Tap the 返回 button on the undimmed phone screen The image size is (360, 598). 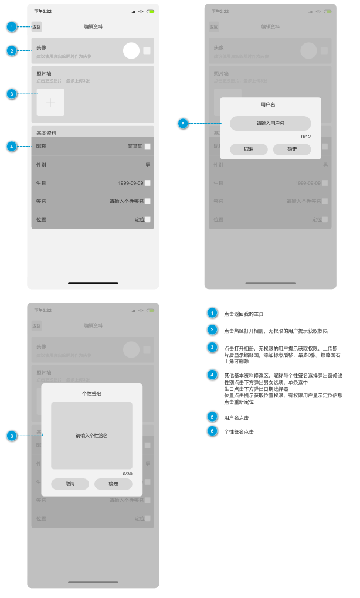[37, 27]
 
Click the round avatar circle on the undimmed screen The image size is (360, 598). [131, 51]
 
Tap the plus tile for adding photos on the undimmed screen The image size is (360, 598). [50, 103]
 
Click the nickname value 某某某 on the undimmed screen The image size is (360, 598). [135, 147]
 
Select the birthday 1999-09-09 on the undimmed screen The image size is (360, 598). [130, 183]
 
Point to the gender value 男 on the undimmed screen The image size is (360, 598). [148, 165]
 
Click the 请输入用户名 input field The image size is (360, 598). [270, 123]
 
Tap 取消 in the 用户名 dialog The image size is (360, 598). [249, 149]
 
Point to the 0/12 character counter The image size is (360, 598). [305, 137]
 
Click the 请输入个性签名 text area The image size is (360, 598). [91, 436]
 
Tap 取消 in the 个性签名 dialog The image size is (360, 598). [70, 484]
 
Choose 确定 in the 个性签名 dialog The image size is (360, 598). [113, 484]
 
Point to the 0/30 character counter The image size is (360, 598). [127, 473]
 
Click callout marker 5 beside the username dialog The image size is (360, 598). [183, 124]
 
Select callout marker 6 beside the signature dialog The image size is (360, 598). [12, 436]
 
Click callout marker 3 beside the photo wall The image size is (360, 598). [12, 94]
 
